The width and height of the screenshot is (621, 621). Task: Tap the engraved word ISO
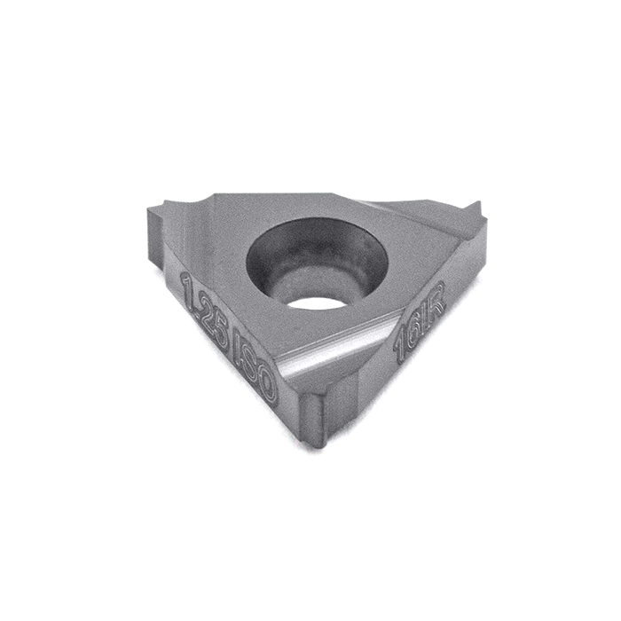click(x=255, y=365)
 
